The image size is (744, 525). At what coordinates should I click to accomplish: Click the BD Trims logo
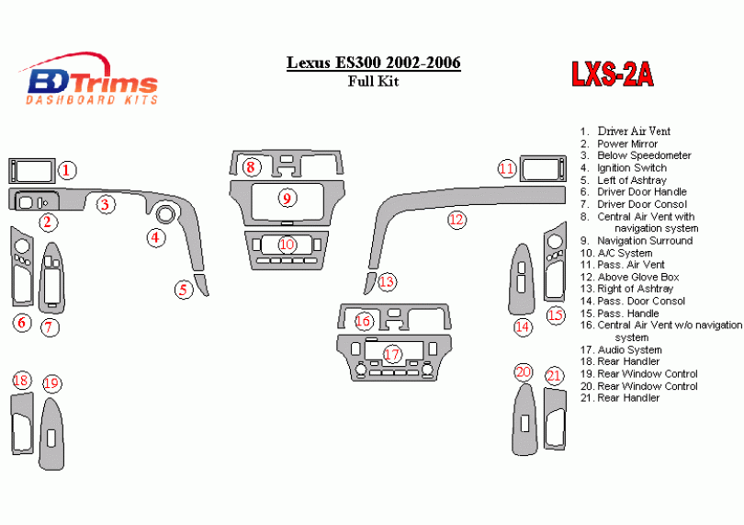pos(92,81)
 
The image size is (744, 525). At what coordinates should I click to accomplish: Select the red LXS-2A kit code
pos(612,74)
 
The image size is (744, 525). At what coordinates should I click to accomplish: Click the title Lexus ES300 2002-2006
pos(374,63)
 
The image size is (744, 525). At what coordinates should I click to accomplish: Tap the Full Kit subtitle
pos(373,80)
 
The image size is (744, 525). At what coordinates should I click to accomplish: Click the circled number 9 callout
pos(287,198)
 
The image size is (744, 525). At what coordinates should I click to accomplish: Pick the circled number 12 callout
pos(457,220)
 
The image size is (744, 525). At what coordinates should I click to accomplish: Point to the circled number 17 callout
pos(392,354)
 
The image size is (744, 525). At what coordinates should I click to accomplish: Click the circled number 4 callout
pos(157,238)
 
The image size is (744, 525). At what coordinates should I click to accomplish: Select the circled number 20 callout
pos(524,372)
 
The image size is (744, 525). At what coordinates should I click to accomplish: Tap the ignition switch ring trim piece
pos(165,214)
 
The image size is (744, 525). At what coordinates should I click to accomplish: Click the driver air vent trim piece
pos(33,170)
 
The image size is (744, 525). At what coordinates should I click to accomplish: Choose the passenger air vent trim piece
pos(540,168)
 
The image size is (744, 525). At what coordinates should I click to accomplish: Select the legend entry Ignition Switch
pos(631,168)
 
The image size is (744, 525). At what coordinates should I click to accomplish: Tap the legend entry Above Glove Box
pos(637,277)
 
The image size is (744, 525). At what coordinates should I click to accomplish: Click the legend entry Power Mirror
pos(627,143)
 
